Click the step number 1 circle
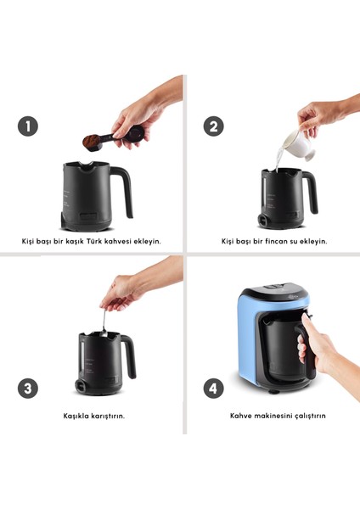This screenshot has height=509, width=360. tap(28, 126)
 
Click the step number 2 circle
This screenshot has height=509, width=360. tap(213, 126)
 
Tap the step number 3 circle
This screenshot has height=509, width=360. tap(28, 389)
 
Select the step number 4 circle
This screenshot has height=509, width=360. tap(213, 389)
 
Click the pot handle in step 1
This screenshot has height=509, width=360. tap(122, 192)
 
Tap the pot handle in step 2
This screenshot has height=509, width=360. tap(310, 192)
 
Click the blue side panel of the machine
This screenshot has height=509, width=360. tap(248, 341)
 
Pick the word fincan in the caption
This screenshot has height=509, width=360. tap(276, 241)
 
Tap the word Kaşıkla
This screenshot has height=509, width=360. tap(76, 416)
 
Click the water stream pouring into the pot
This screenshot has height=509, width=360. tap(278, 160)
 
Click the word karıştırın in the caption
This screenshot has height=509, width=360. tap(108, 417)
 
